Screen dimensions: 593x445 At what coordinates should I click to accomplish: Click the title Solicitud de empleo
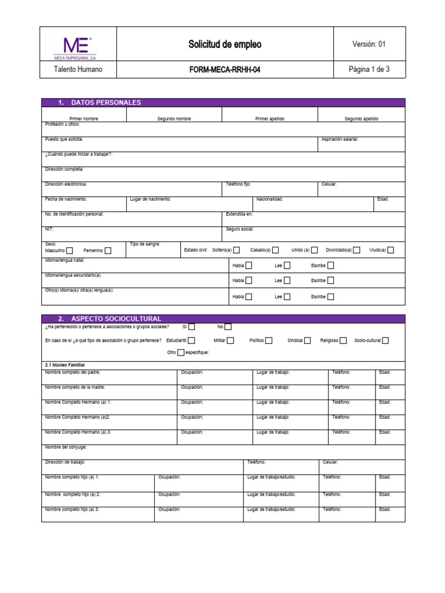pyautogui.click(x=225, y=45)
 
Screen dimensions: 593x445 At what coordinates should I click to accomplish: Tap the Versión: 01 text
pyautogui.click(x=369, y=44)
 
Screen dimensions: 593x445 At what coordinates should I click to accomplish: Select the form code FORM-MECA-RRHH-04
pyautogui.click(x=225, y=69)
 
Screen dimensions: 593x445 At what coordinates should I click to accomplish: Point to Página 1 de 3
pyautogui.click(x=369, y=69)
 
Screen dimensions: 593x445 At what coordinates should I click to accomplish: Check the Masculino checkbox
pyautogui.click(x=70, y=251)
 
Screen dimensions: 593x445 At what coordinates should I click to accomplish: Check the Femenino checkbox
pyautogui.click(x=108, y=251)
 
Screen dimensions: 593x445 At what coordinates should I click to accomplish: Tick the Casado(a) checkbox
pyautogui.click(x=275, y=250)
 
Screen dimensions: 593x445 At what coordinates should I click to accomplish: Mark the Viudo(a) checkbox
pyautogui.click(x=391, y=250)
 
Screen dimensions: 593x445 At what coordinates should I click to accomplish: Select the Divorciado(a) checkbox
pyautogui.click(x=357, y=250)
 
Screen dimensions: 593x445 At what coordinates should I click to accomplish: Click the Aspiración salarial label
pyautogui.click(x=340, y=139)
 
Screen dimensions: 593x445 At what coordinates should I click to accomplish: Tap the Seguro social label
pyautogui.click(x=240, y=229)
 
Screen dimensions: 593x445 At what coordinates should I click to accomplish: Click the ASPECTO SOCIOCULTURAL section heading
pyautogui.click(x=116, y=319)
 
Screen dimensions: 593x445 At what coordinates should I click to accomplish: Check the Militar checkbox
pyautogui.click(x=231, y=341)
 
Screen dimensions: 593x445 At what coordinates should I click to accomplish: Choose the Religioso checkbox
pyautogui.click(x=344, y=341)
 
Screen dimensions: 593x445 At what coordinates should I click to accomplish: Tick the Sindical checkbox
pyautogui.click(x=308, y=341)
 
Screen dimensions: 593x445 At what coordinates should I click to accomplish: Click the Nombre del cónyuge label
pyautogui.click(x=65, y=447)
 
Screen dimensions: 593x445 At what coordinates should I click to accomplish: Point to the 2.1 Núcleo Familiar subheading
pyautogui.click(x=65, y=365)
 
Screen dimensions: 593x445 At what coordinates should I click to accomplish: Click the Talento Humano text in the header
pyautogui.click(x=78, y=69)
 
